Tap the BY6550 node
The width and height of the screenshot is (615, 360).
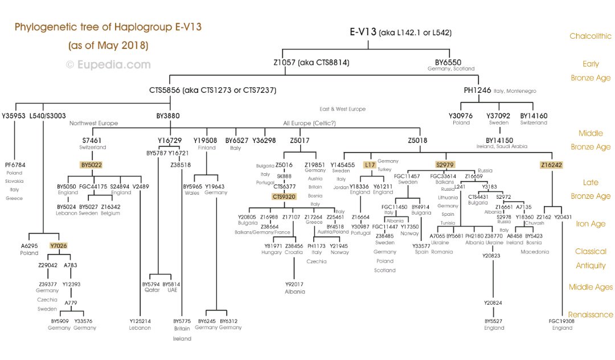448,62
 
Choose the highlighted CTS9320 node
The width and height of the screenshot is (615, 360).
284,197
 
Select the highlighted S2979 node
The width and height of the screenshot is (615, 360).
445,165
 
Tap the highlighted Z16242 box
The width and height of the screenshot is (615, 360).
551,165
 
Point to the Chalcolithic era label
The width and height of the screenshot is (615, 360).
591,36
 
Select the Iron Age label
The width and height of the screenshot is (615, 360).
591,224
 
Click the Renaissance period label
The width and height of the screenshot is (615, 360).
591,314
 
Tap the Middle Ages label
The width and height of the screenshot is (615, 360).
591,287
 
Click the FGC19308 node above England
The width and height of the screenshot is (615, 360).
562,321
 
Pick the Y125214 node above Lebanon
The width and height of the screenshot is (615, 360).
140,321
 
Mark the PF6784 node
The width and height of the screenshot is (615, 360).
14,165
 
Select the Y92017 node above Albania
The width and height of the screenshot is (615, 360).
294,284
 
